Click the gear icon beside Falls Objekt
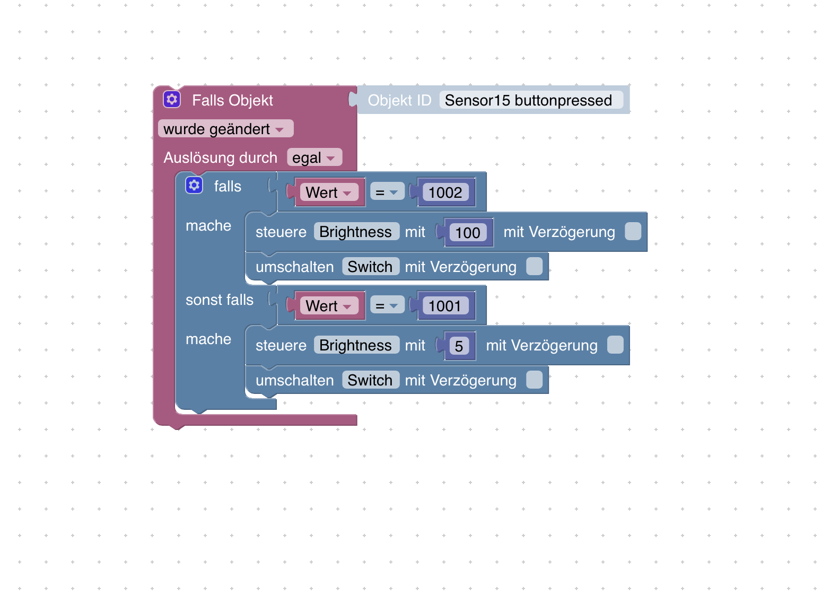click(172, 100)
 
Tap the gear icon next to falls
click(194, 186)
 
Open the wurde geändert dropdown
click(225, 129)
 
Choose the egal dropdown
click(314, 157)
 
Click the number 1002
click(445, 192)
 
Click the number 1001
click(445, 306)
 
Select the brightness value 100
click(468, 233)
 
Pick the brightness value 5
click(459, 346)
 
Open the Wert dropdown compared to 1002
click(329, 192)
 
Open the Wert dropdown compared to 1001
click(329, 306)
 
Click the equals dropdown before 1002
click(387, 192)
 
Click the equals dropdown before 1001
click(387, 305)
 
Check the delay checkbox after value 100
click(633, 231)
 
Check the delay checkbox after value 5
click(615, 345)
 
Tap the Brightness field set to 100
click(356, 232)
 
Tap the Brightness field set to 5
click(356, 345)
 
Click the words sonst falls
click(220, 300)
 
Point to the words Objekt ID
click(400, 100)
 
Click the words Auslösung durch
click(221, 157)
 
